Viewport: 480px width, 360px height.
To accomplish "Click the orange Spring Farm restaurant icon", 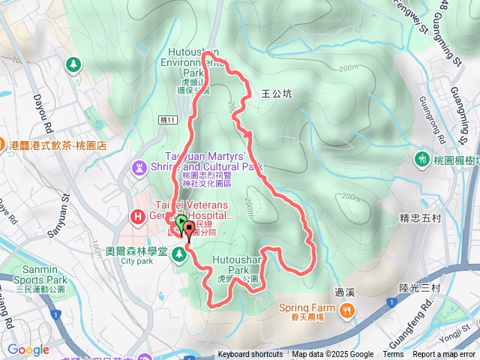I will click(346, 309).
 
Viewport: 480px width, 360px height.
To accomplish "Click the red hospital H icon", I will click(137, 217).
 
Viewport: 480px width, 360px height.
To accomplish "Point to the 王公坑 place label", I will click(277, 94).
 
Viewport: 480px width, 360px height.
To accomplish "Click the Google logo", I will click(28, 349).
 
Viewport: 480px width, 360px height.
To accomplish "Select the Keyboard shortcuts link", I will click(250, 355).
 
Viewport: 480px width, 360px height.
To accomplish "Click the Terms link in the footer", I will click(393, 355).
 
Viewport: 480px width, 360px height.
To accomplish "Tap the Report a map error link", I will click(443, 355).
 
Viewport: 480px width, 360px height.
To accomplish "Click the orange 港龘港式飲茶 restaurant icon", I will click(4, 145).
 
